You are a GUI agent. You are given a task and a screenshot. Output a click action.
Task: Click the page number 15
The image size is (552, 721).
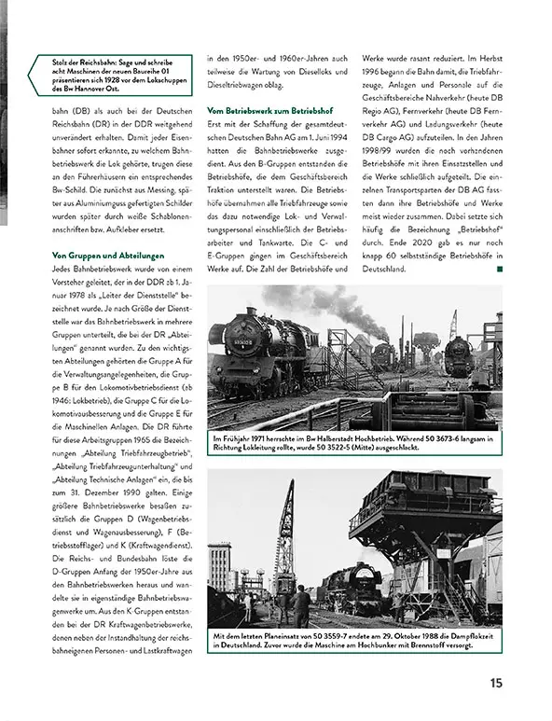496,683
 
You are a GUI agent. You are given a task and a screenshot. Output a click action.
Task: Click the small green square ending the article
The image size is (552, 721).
500,269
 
